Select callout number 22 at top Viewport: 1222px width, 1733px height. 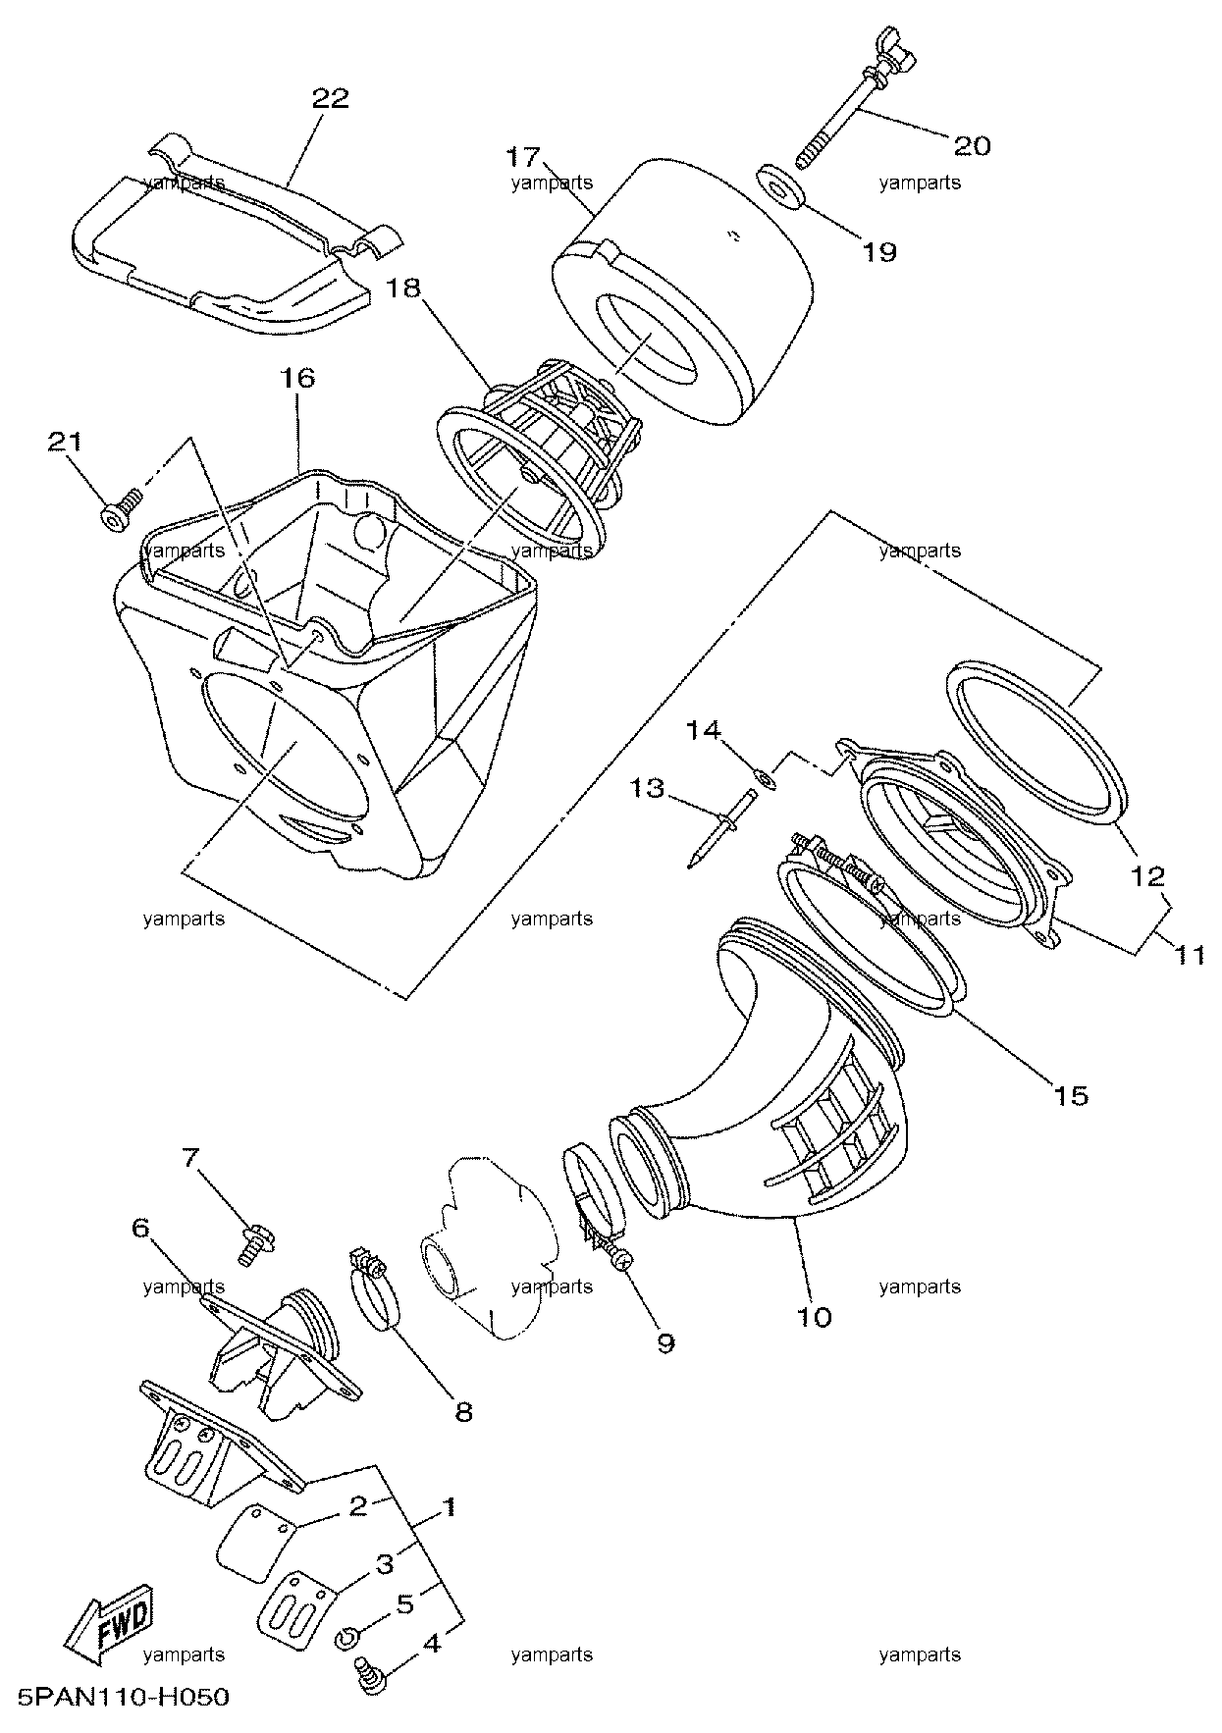point(331,99)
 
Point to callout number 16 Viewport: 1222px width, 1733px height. point(299,378)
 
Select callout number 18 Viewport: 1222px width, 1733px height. point(403,288)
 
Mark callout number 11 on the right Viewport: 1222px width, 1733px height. point(1190,953)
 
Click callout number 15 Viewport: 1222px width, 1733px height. point(1071,1094)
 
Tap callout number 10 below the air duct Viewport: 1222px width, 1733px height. point(815,1316)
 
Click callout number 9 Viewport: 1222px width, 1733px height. point(665,1342)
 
